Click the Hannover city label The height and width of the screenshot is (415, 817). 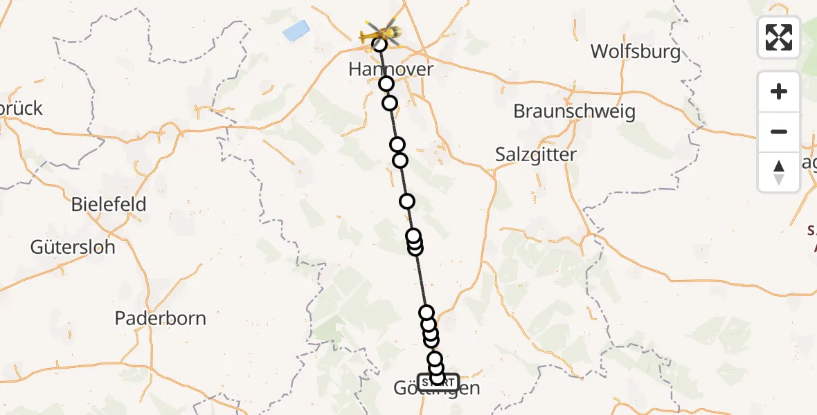coord(391,69)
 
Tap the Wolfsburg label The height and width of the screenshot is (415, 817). coord(636,52)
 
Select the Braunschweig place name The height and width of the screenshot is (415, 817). coord(575,111)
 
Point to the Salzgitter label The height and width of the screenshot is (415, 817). coord(536,154)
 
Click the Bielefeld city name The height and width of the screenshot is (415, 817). coord(109,205)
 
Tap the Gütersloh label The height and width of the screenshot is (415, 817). coord(73,247)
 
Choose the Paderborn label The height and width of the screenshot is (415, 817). coord(160,318)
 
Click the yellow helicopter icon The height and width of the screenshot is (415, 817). coord(380,31)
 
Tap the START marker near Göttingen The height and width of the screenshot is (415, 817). coord(438,382)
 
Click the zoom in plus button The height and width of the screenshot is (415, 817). coord(779,92)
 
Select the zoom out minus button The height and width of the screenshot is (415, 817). coord(779,131)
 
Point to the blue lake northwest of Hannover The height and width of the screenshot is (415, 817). coord(296,30)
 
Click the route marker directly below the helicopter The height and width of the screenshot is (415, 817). coord(379,45)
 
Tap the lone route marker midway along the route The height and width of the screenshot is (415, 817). coord(407,201)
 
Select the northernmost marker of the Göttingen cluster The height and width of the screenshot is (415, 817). coord(427,313)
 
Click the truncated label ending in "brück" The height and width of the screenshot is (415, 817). coord(21,109)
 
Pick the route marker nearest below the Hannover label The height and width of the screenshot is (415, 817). coord(386,84)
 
